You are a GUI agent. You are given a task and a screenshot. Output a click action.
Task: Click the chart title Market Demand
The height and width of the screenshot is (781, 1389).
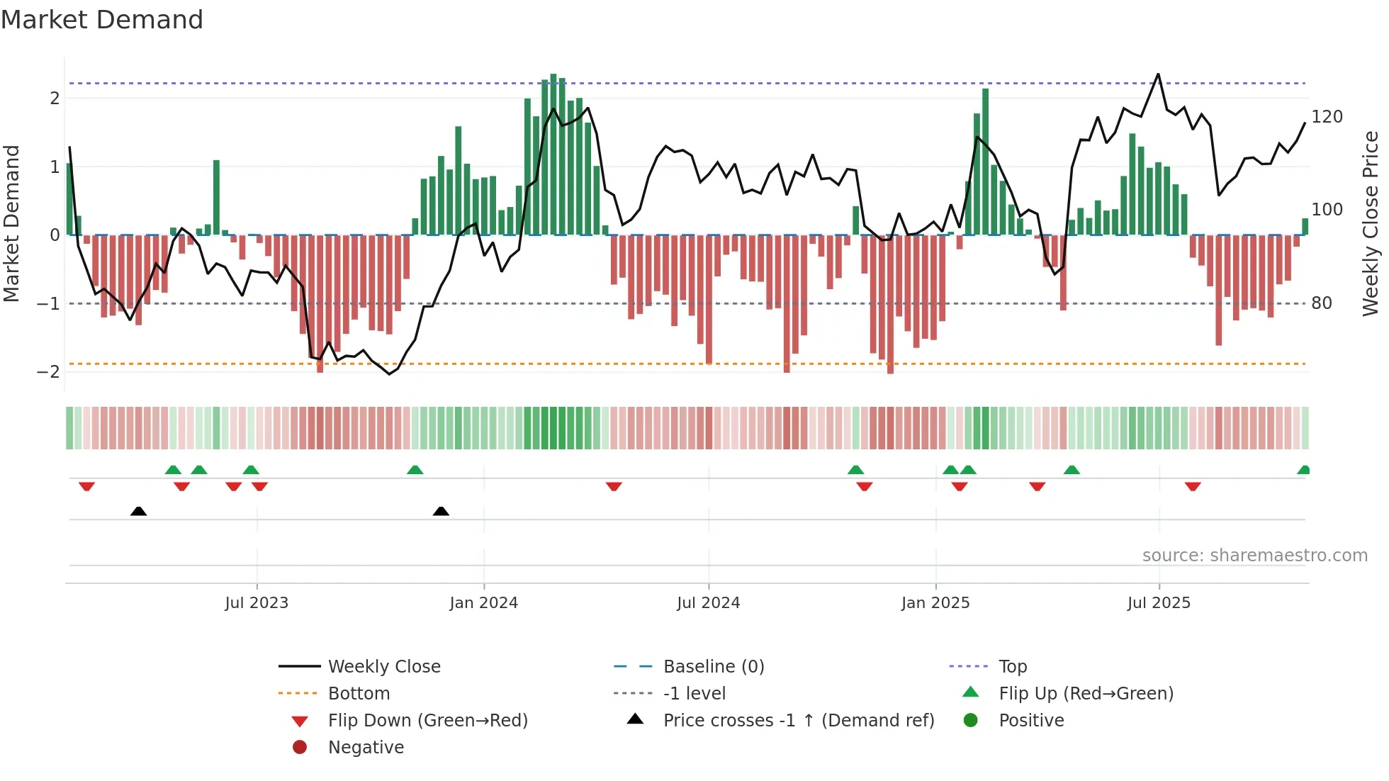102,20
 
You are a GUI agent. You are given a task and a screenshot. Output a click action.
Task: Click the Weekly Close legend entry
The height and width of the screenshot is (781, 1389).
383,667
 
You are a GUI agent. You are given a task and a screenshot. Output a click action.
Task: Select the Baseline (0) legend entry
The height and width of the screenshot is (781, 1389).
713,667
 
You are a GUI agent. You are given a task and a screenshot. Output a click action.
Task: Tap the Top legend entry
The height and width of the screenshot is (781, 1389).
1012,667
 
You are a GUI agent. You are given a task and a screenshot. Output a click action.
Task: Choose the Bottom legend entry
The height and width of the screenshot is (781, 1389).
359,694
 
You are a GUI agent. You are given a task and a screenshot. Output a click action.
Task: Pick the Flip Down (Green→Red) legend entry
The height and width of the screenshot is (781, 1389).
427,721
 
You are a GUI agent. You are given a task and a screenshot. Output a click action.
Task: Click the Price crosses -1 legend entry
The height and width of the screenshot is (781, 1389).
798,721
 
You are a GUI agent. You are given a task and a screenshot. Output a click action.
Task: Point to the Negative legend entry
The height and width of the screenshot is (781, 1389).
366,748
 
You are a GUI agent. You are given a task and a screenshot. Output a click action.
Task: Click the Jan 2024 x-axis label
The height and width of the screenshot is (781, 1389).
483,603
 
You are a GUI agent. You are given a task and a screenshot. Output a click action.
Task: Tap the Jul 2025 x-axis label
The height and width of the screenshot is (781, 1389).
1159,603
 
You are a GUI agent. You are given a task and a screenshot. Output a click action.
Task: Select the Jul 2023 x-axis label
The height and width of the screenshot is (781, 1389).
257,603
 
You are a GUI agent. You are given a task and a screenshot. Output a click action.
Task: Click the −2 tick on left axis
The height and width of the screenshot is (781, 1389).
48,372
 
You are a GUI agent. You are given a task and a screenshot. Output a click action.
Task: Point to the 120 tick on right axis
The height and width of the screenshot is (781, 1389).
1327,117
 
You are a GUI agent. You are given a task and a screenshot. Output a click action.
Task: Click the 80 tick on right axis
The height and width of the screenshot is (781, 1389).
1321,303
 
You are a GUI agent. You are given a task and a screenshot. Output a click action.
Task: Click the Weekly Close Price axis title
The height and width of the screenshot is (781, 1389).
1371,223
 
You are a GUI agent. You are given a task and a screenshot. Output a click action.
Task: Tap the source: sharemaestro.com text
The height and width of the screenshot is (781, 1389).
1254,556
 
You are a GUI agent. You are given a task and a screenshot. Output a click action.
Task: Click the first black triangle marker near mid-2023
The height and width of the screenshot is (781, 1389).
139,511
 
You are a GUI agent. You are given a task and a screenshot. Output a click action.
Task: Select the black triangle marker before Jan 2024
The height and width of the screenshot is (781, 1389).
441,511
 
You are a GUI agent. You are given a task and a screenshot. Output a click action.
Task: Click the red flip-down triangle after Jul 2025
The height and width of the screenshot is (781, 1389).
1193,486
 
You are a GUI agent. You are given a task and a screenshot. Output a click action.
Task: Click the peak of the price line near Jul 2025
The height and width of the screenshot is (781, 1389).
1158,74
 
